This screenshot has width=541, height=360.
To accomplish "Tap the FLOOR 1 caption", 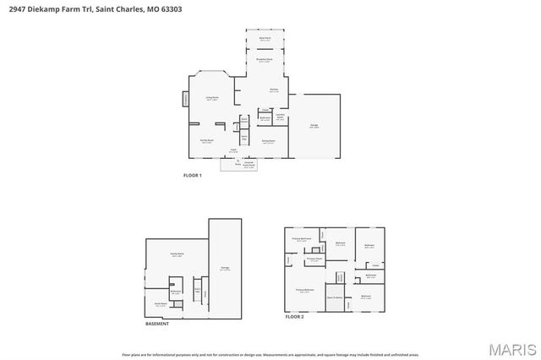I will click(193, 175).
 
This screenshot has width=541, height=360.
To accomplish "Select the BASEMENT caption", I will click(157, 323).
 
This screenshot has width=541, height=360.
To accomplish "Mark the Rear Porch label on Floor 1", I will click(265, 39).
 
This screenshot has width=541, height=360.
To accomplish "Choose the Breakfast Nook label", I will click(265, 60).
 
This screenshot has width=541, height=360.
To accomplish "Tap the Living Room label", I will click(213, 98).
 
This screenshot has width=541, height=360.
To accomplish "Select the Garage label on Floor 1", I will click(314, 127).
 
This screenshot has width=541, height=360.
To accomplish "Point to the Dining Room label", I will click(268, 142).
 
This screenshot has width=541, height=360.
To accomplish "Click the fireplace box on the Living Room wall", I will click(186, 100).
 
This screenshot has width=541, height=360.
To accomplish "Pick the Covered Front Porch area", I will click(249, 165).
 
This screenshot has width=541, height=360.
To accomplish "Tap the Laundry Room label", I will click(280, 117).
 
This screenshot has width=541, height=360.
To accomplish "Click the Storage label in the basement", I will click(225, 269).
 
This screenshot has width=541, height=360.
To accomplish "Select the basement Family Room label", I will click(178, 254).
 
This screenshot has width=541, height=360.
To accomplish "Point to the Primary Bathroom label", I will click(302, 239).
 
